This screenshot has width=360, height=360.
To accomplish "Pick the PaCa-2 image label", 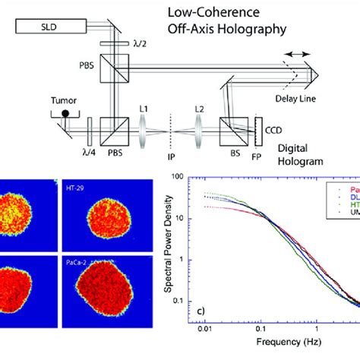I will pyautogui.click(x=75, y=262).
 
